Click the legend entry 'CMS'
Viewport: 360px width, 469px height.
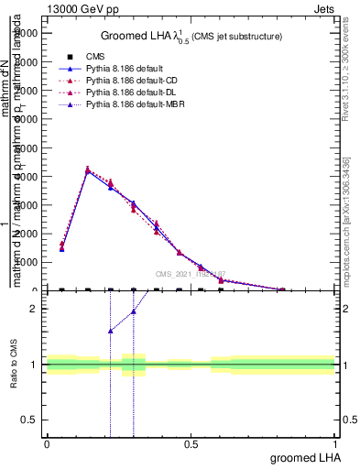click(96, 57)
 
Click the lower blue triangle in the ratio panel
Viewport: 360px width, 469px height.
click(110, 331)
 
